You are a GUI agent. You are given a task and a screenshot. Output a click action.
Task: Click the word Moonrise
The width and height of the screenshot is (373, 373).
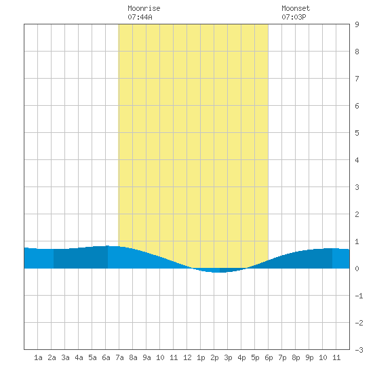tap(144, 8)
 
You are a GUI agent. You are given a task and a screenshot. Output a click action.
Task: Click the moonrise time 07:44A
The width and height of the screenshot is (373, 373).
tap(140, 17)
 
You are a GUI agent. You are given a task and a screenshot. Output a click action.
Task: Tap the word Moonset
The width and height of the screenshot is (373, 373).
tap(296, 8)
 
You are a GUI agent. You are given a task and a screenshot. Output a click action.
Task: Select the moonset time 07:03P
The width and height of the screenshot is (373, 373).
tap(294, 17)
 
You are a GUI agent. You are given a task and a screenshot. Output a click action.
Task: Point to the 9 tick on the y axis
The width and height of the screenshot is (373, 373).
tap(357, 24)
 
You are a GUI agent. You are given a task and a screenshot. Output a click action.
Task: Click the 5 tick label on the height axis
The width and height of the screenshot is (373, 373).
tap(357, 133)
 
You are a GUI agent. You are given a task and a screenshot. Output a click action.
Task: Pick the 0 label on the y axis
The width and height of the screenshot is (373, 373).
tap(357, 269)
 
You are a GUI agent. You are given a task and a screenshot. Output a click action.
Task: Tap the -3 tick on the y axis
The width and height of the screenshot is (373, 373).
tap(359, 350)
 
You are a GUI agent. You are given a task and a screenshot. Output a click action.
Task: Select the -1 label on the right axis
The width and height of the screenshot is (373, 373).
tap(359, 296)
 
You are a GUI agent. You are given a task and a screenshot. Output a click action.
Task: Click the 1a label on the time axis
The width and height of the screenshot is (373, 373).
tap(38, 357)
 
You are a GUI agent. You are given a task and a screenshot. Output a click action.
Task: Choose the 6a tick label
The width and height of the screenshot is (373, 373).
tap(106, 357)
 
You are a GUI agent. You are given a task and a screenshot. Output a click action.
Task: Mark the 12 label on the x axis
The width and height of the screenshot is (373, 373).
tap(187, 357)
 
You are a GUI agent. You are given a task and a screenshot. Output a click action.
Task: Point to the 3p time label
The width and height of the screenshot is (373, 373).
tap(228, 357)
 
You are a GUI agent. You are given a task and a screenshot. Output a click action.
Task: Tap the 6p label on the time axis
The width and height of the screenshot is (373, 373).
tap(269, 357)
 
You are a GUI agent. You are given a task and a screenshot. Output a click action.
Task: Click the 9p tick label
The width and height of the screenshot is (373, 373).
tap(309, 357)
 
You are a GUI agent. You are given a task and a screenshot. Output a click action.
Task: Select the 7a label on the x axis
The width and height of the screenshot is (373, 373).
tap(119, 357)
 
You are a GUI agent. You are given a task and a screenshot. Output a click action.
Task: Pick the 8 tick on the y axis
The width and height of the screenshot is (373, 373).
tap(357, 52)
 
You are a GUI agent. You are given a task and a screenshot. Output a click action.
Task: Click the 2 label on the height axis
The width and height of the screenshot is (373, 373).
tap(357, 214)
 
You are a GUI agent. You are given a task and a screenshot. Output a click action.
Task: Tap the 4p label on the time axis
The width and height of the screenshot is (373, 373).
tap(241, 357)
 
